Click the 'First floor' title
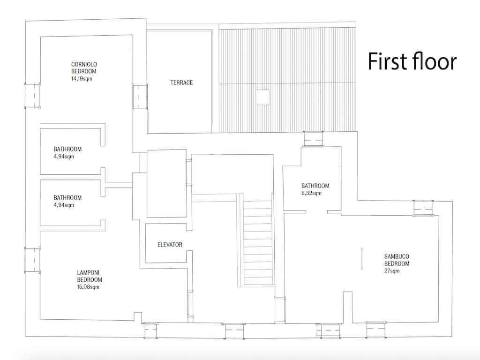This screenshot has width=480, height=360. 412,61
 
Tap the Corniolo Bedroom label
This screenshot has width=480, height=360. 84,67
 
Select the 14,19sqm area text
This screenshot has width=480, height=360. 82,79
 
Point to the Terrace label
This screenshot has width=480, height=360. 181,82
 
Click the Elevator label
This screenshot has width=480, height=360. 170,245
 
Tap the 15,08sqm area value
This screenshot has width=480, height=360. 88,287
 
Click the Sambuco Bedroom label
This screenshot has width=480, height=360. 397,260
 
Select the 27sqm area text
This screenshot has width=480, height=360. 392,271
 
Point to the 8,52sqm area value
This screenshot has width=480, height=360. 311,193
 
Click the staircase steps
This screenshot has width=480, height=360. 258,242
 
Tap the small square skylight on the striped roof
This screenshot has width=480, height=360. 262,97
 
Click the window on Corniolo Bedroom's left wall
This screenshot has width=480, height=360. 32,96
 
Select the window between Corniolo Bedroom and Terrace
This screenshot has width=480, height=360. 140,97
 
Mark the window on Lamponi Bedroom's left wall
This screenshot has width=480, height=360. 32,260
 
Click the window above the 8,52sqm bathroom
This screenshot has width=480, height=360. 313,139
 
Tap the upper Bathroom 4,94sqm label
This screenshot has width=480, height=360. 67,153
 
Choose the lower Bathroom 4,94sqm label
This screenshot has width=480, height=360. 67,201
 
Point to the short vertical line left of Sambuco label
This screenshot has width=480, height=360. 361,259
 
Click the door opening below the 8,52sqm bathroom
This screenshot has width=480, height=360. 316,212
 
